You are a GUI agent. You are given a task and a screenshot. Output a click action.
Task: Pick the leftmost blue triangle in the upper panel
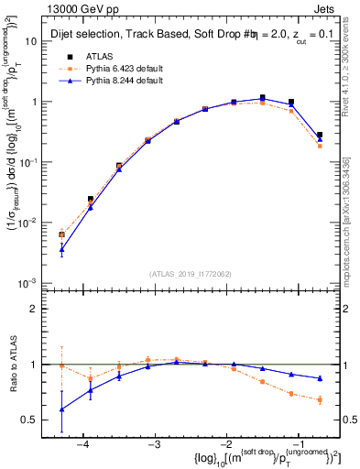click(x=61, y=249)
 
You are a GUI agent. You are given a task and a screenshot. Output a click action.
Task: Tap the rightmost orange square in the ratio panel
click(x=320, y=399)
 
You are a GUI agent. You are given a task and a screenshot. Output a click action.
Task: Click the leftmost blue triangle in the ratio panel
click(x=61, y=409)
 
